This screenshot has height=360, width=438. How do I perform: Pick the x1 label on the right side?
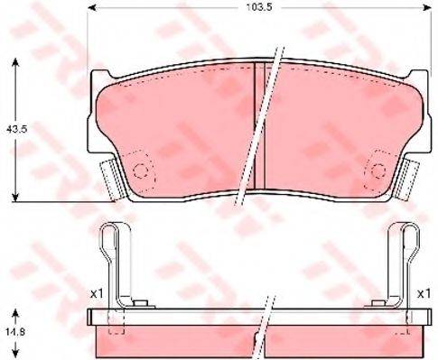pos(423,293)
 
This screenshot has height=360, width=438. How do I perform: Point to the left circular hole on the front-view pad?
pos(139,171)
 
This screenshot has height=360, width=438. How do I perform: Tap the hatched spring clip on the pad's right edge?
pos(411,178)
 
